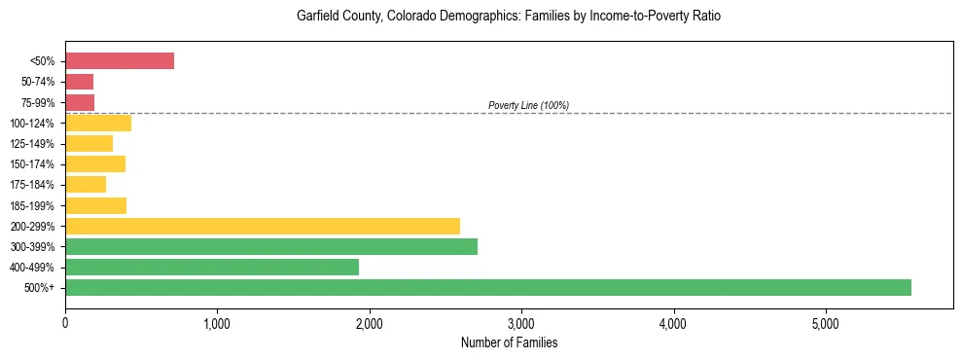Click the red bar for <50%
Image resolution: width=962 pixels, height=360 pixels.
[x=120, y=61]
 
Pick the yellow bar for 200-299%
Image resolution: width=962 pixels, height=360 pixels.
[x=263, y=226]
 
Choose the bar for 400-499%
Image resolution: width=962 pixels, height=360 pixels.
[x=212, y=268]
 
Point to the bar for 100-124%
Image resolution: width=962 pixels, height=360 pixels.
[x=98, y=123]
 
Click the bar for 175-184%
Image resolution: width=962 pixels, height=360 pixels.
[x=86, y=185]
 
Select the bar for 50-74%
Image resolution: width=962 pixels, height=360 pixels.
[x=80, y=82]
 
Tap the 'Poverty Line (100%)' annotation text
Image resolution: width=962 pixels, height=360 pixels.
[x=528, y=105]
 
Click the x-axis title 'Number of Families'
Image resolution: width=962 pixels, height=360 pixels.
[x=509, y=342]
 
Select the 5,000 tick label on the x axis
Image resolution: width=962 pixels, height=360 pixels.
[x=825, y=323]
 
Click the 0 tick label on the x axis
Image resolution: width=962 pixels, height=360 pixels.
[x=65, y=323]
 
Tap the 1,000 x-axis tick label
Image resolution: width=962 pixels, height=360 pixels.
[x=217, y=323]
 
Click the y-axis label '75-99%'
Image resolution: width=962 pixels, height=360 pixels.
[x=39, y=102]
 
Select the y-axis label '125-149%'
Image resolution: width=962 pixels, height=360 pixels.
[x=36, y=144]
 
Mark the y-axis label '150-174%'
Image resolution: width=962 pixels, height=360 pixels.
[x=36, y=164]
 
